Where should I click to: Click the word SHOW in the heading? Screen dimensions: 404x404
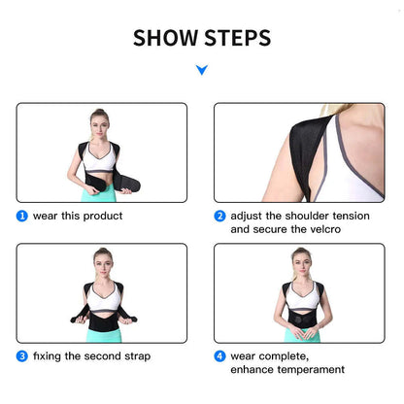pos(166,39)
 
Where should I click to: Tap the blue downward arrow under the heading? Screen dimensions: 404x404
pos(201,70)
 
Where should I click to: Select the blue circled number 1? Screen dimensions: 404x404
pos(21,216)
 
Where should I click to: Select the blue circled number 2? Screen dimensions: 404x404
pos(219,216)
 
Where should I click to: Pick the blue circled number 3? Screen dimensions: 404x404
pos(21,355)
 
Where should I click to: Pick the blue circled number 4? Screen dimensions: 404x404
pos(219,355)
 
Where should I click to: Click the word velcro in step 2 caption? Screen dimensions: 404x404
pos(323,230)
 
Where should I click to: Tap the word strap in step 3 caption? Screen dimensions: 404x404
pos(134,355)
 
